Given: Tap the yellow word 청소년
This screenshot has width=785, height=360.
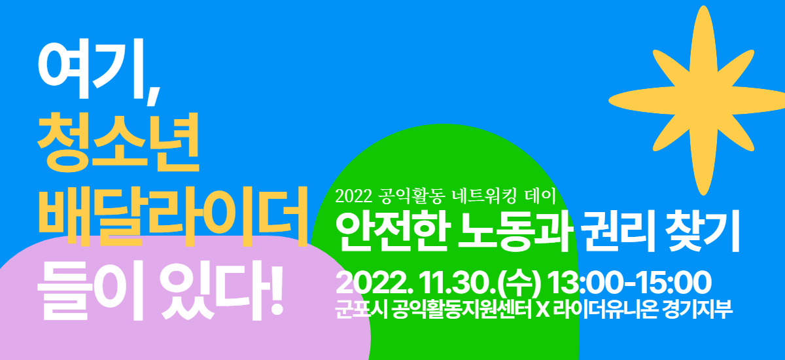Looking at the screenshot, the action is [x=118, y=143].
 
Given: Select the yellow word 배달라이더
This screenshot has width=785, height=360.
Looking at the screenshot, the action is [x=173, y=216].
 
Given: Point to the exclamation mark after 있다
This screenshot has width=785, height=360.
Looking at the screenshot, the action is [x=277, y=291].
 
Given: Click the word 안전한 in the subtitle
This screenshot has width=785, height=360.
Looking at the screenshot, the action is [x=393, y=231].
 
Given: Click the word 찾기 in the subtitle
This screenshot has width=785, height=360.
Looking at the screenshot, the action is [x=703, y=230].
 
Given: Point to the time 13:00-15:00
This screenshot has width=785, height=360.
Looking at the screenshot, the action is [x=629, y=283].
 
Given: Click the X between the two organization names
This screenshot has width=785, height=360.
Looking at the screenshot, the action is [x=543, y=310].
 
